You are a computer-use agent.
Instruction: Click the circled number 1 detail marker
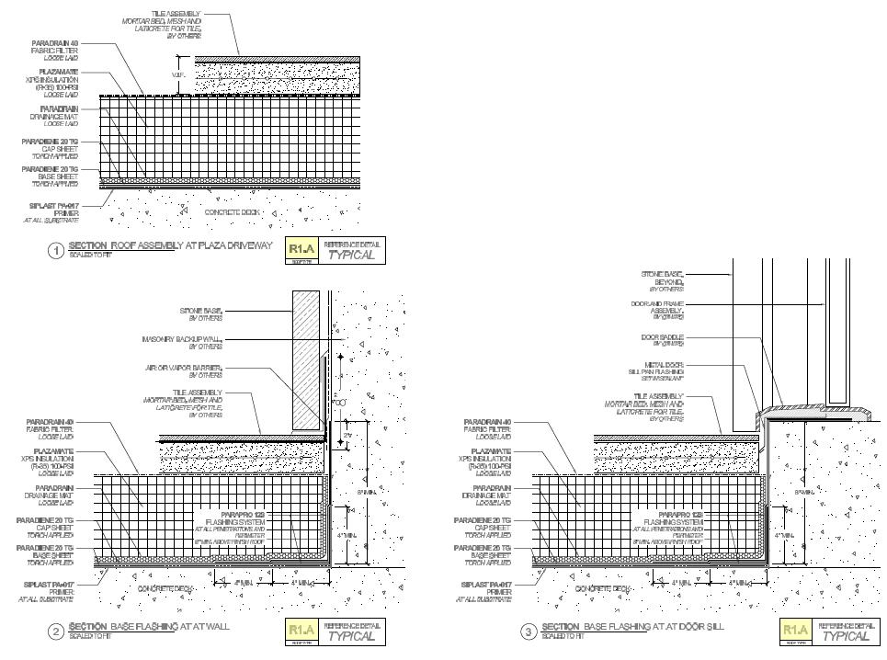(x=56, y=250)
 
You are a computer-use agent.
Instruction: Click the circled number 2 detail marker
(x=56, y=631)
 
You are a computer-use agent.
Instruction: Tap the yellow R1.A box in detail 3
(x=795, y=631)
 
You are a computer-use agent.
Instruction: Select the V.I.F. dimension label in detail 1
(x=180, y=74)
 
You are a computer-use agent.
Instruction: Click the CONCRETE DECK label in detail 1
(x=232, y=212)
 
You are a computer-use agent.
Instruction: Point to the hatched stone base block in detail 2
(x=306, y=358)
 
